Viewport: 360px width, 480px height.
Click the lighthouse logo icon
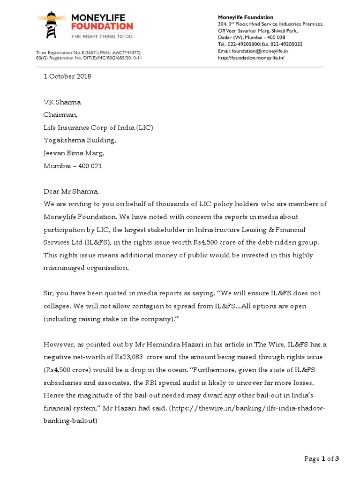[x=52, y=24]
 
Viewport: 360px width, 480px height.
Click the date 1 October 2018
[x=67, y=76]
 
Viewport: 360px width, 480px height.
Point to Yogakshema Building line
[x=79, y=140]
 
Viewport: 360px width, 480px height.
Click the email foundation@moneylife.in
[x=266, y=51]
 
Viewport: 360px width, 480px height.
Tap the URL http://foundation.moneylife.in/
[x=251, y=58]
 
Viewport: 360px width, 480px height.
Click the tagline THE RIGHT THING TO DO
[x=101, y=36]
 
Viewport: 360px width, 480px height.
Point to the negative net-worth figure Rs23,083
[x=132, y=357]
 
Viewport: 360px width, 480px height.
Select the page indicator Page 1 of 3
[x=321, y=459]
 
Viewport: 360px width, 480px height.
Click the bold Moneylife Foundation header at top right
[x=246, y=17]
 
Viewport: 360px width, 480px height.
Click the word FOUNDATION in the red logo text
[x=102, y=27]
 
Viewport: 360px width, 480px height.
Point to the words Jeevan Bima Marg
[x=74, y=153]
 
